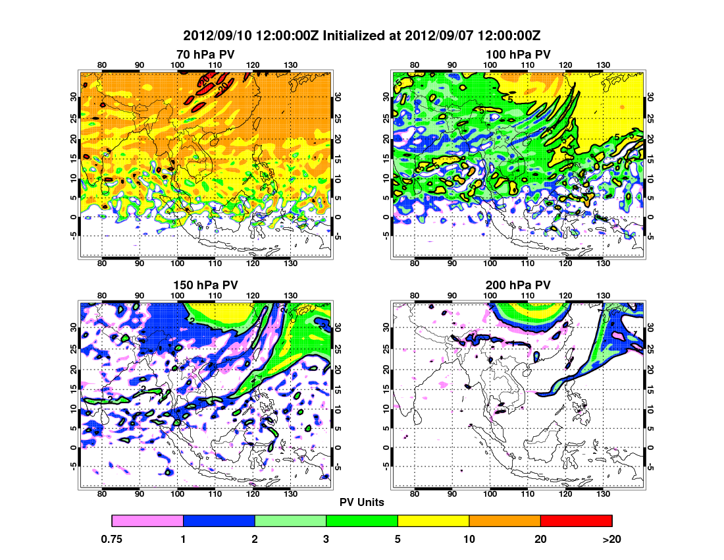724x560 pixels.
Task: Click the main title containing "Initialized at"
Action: coord(362,35)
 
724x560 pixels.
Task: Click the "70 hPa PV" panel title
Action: coord(205,53)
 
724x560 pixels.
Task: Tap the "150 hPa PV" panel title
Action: coord(205,285)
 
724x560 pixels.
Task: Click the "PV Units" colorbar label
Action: coord(362,502)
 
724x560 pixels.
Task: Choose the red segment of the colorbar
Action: coord(576,521)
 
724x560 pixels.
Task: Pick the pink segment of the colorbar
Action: coord(147,521)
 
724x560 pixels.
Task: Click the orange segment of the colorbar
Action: coord(504,521)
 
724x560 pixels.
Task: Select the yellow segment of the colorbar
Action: coord(433,521)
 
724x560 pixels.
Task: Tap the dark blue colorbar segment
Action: coord(219,521)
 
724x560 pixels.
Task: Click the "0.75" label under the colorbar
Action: coord(112,539)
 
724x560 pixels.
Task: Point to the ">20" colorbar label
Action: coord(612,539)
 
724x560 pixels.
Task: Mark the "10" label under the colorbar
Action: coord(469,539)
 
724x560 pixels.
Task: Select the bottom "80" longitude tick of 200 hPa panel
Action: coord(415,493)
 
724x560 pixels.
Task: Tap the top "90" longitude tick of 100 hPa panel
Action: coord(452,65)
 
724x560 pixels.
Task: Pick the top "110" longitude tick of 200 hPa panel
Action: coord(527,296)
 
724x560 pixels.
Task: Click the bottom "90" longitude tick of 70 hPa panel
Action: coord(140,263)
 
